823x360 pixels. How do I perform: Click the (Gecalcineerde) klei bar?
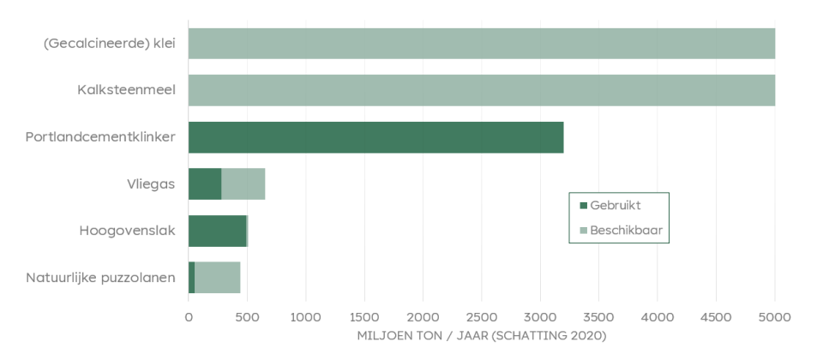point(481,44)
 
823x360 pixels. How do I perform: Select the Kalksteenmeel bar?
point(481,90)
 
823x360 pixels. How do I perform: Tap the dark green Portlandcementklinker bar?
point(375,137)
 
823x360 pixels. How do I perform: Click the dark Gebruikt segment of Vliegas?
point(205,183)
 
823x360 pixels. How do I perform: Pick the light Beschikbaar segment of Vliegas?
point(243,183)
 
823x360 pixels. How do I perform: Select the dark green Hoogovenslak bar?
point(217,231)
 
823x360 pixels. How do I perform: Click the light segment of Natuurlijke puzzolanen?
point(218,277)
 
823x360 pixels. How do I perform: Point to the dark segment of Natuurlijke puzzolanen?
point(192,277)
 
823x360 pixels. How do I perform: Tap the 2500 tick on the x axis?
point(482,317)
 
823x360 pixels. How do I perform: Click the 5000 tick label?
point(774,317)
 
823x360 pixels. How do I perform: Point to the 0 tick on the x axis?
point(189,317)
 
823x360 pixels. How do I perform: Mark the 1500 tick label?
point(364,317)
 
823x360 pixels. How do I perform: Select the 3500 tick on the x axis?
point(598,317)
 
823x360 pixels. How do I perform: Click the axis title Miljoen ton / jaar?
point(481,335)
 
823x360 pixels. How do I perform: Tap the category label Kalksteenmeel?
point(127,90)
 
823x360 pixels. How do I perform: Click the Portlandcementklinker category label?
point(100,137)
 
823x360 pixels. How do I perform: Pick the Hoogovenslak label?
point(127,231)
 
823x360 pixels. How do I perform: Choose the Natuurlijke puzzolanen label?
point(100,277)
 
